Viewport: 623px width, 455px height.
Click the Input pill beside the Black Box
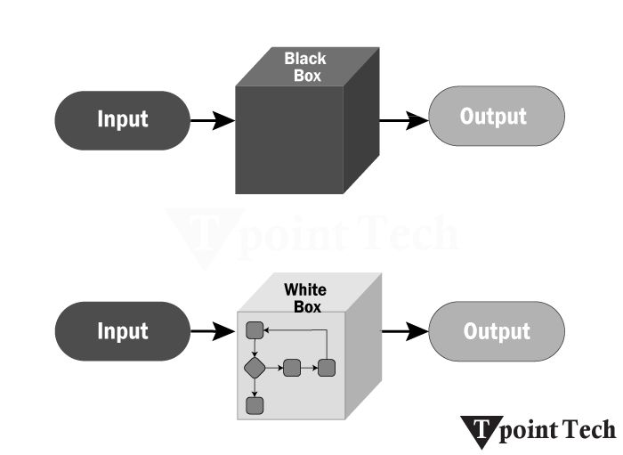tap(123, 119)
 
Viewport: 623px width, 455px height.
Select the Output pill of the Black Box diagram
tap(497, 117)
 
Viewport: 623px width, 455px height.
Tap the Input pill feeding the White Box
tap(123, 332)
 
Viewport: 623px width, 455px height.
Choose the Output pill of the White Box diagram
tap(497, 332)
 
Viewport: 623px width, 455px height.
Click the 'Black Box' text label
tap(305, 68)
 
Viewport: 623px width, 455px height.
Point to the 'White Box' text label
tap(305, 298)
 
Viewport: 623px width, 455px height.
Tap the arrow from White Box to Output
tap(405, 333)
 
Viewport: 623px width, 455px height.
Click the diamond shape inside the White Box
tap(255, 367)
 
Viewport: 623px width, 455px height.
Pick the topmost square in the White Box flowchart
tap(255, 330)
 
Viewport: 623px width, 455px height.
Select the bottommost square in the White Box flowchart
tap(255, 405)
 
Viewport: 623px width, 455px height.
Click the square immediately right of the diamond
tap(290, 367)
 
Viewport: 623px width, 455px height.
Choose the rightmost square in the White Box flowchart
tap(326, 367)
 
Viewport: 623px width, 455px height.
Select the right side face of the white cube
tap(361, 352)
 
